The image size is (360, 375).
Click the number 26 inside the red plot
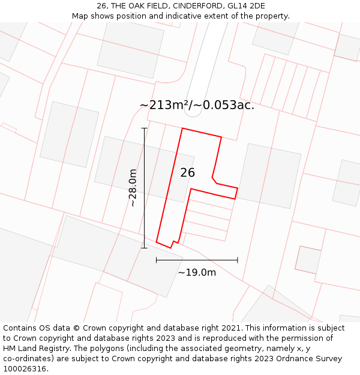(187, 173)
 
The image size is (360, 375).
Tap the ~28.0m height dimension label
(133, 188)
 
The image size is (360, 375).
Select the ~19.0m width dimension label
(197, 272)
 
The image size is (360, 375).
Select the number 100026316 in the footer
(24, 369)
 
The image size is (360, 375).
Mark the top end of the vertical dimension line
(144, 128)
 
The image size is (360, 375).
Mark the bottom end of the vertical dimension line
(144, 248)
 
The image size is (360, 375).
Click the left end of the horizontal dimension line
(157, 260)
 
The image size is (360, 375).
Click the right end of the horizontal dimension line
(238, 260)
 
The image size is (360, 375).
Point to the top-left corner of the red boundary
(182, 128)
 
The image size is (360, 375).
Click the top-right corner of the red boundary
(221, 137)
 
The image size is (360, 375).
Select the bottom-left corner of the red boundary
(157, 242)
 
